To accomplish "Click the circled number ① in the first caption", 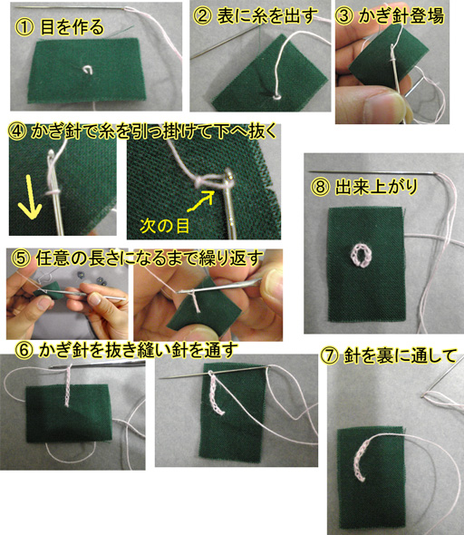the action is point(24,27).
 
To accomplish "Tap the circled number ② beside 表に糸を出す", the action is point(202,15).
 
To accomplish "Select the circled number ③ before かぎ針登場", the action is point(343,15).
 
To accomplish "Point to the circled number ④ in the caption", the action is point(17,131).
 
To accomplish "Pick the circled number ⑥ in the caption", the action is point(24,350).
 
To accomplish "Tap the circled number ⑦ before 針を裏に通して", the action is point(329,355).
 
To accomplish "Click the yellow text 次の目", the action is point(165,226).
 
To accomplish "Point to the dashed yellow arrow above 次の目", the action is point(200,201).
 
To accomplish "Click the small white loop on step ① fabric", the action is point(88,70).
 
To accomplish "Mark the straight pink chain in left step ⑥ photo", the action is point(68,384).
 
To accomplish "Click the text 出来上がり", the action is point(376,187).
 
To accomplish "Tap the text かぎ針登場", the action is point(401,15).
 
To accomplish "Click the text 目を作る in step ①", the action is point(72,27).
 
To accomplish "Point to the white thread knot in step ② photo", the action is point(276,97).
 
